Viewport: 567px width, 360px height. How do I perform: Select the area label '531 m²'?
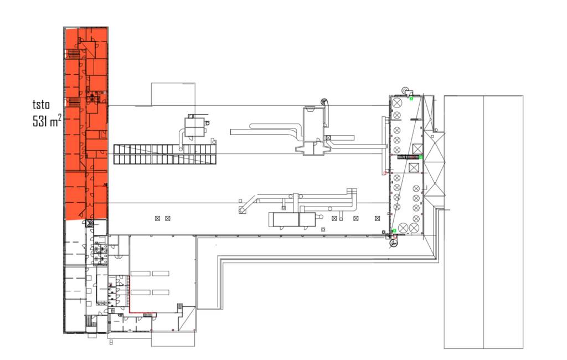[x=47, y=121]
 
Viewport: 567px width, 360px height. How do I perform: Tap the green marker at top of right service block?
[x=411, y=99]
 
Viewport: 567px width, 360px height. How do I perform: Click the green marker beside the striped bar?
[x=421, y=157]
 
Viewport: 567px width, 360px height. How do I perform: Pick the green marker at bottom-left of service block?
[x=394, y=230]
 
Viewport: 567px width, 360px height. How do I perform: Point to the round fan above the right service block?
[x=405, y=89]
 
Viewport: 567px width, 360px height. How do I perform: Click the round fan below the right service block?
[x=394, y=241]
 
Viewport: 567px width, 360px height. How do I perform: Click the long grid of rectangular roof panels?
[x=165, y=154]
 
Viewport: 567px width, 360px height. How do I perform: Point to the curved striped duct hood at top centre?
[x=324, y=104]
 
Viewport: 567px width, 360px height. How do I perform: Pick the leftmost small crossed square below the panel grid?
[x=158, y=219]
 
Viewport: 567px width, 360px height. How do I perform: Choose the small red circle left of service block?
[x=385, y=173]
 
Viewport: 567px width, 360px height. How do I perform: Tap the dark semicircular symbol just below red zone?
[x=89, y=223]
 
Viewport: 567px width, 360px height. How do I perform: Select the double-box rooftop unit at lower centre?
[x=291, y=219]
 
